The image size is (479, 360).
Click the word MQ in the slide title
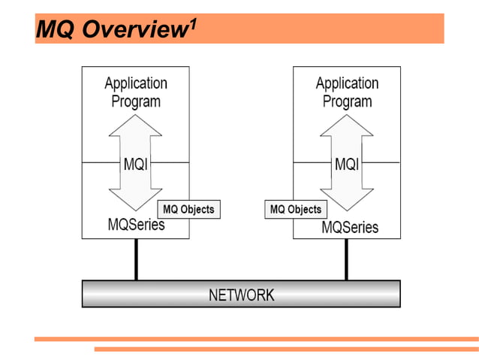(55, 30)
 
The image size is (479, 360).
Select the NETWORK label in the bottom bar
(241, 295)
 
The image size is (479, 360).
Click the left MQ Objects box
(189, 210)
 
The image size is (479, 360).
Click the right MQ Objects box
(296, 210)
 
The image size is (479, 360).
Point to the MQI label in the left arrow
(135, 164)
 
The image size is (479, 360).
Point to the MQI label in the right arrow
(346, 164)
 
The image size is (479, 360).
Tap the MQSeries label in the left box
(136, 224)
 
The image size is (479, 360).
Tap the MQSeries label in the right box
(350, 227)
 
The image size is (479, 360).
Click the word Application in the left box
(136, 83)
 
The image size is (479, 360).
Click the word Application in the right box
(347, 83)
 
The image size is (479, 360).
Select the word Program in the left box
(136, 101)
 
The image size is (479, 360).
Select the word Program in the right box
(347, 101)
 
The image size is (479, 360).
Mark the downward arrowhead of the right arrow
(346, 198)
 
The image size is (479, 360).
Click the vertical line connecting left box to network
(136, 259)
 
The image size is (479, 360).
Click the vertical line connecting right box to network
(346, 259)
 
